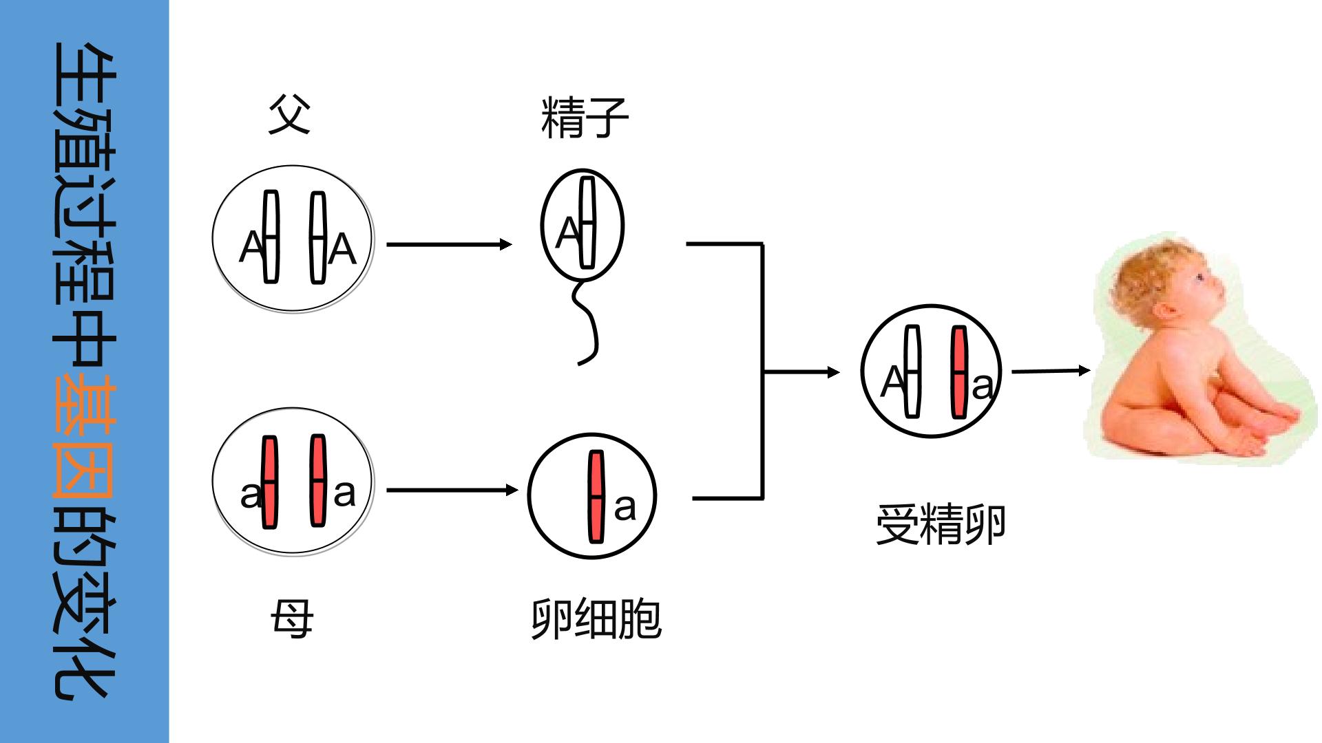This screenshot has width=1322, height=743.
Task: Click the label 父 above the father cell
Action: click(289, 114)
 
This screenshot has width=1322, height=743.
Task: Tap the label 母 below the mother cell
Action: click(292, 618)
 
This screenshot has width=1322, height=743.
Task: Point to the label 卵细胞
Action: click(596, 619)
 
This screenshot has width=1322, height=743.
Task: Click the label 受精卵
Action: click(941, 525)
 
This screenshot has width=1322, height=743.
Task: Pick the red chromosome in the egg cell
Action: click(596, 496)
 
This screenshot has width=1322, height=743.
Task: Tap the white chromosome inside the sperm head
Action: click(587, 222)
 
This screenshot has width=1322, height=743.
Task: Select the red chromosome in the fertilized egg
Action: click(958, 371)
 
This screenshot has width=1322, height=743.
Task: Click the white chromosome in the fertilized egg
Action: click(912, 371)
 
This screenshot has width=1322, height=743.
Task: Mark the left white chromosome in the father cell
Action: click(271, 237)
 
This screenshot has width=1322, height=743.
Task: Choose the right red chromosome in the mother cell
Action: click(317, 481)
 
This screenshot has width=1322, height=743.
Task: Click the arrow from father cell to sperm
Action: click(449, 244)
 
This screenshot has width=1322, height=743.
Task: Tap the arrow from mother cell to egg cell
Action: click(452, 490)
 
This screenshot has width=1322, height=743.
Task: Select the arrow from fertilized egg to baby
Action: click(1051, 371)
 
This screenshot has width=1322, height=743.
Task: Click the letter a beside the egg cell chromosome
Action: click(625, 508)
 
